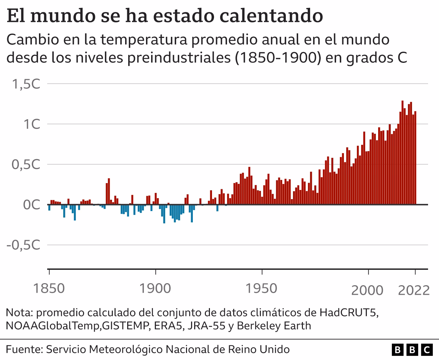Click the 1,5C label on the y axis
(x=26, y=84)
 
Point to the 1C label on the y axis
(x=31, y=124)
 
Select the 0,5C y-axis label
(x=26, y=164)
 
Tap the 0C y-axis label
(x=32, y=205)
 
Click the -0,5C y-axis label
(x=23, y=245)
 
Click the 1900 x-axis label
(x=155, y=289)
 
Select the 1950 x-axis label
(x=262, y=289)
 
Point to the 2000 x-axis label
(x=368, y=290)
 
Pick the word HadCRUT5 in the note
(x=349, y=313)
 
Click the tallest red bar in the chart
(x=402, y=152)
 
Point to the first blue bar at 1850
(x=49, y=207)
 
